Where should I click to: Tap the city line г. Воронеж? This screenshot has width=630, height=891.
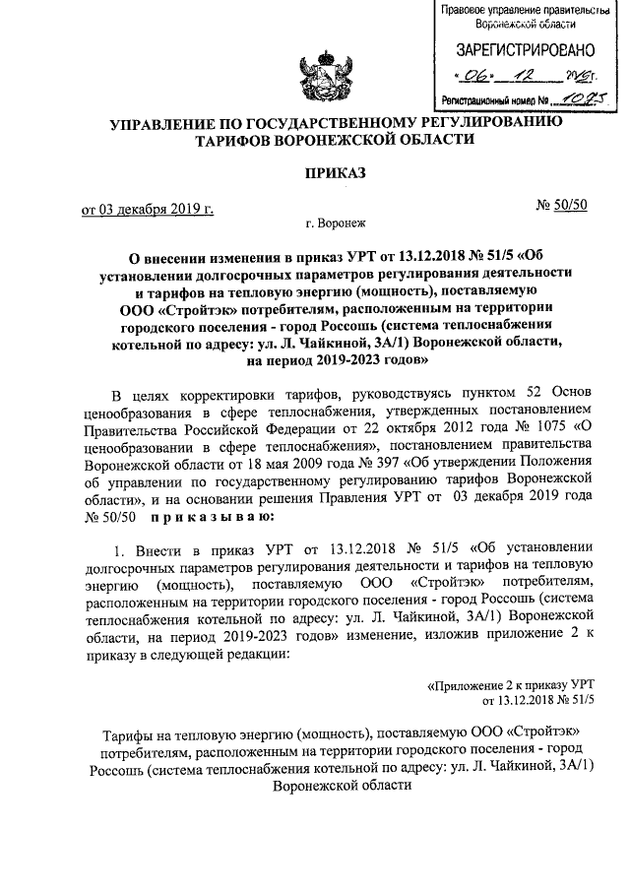pos(335,223)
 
